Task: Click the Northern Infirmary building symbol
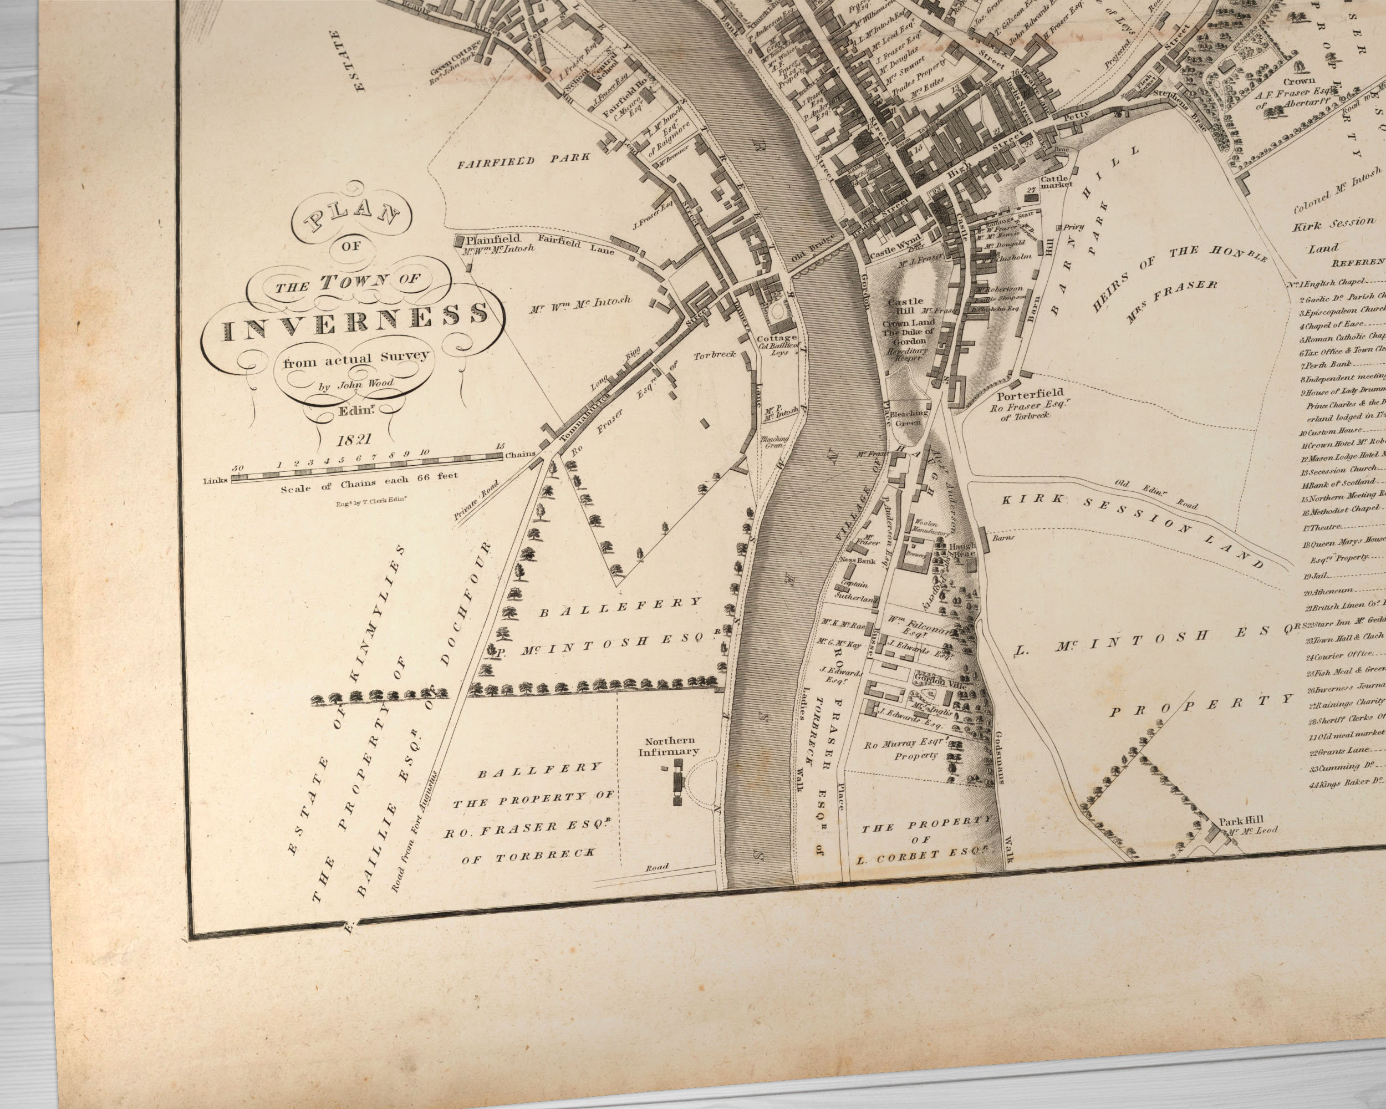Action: (676, 781)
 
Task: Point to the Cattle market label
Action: (1055, 181)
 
